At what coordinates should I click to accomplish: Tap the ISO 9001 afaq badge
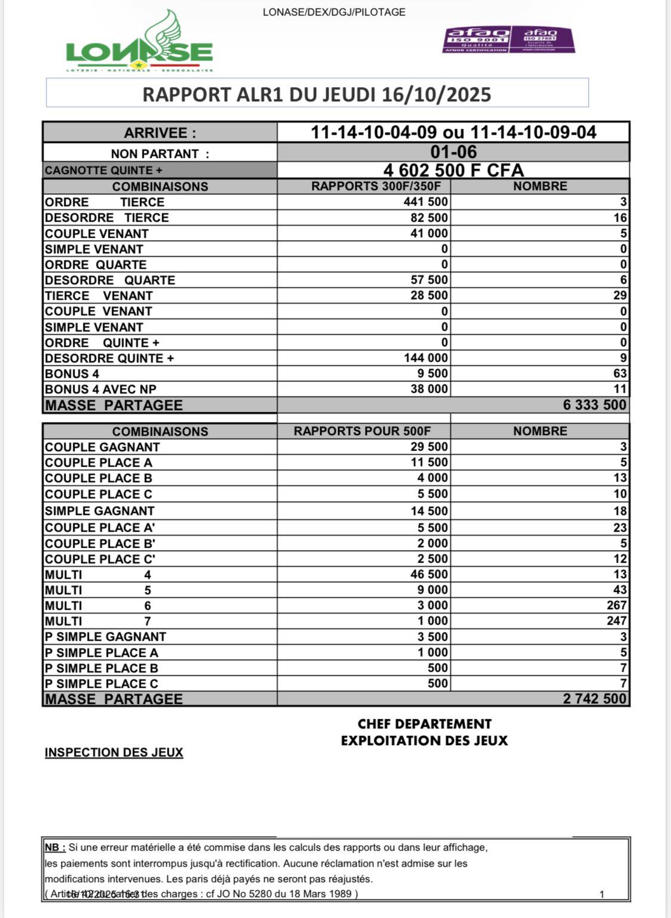(477, 40)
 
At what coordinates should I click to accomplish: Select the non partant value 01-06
(453, 152)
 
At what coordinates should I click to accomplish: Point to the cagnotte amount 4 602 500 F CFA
(453, 170)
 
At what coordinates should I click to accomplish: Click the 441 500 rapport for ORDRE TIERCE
(426, 202)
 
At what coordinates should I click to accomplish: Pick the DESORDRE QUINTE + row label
(109, 358)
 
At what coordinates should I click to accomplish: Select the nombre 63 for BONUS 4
(620, 374)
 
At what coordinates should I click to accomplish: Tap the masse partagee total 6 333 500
(595, 405)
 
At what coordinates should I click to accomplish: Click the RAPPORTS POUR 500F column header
(362, 431)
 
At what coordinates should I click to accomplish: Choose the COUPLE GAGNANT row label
(102, 447)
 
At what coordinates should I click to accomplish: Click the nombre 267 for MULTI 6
(617, 605)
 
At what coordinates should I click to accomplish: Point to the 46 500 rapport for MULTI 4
(429, 574)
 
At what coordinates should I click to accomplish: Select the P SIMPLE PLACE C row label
(101, 684)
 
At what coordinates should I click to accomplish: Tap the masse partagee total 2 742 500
(595, 699)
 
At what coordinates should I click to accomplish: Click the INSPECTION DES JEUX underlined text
(114, 752)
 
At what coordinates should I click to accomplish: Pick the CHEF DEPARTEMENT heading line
(424, 724)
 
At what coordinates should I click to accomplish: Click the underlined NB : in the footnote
(55, 848)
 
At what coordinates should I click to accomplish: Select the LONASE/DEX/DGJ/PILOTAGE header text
(334, 12)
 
